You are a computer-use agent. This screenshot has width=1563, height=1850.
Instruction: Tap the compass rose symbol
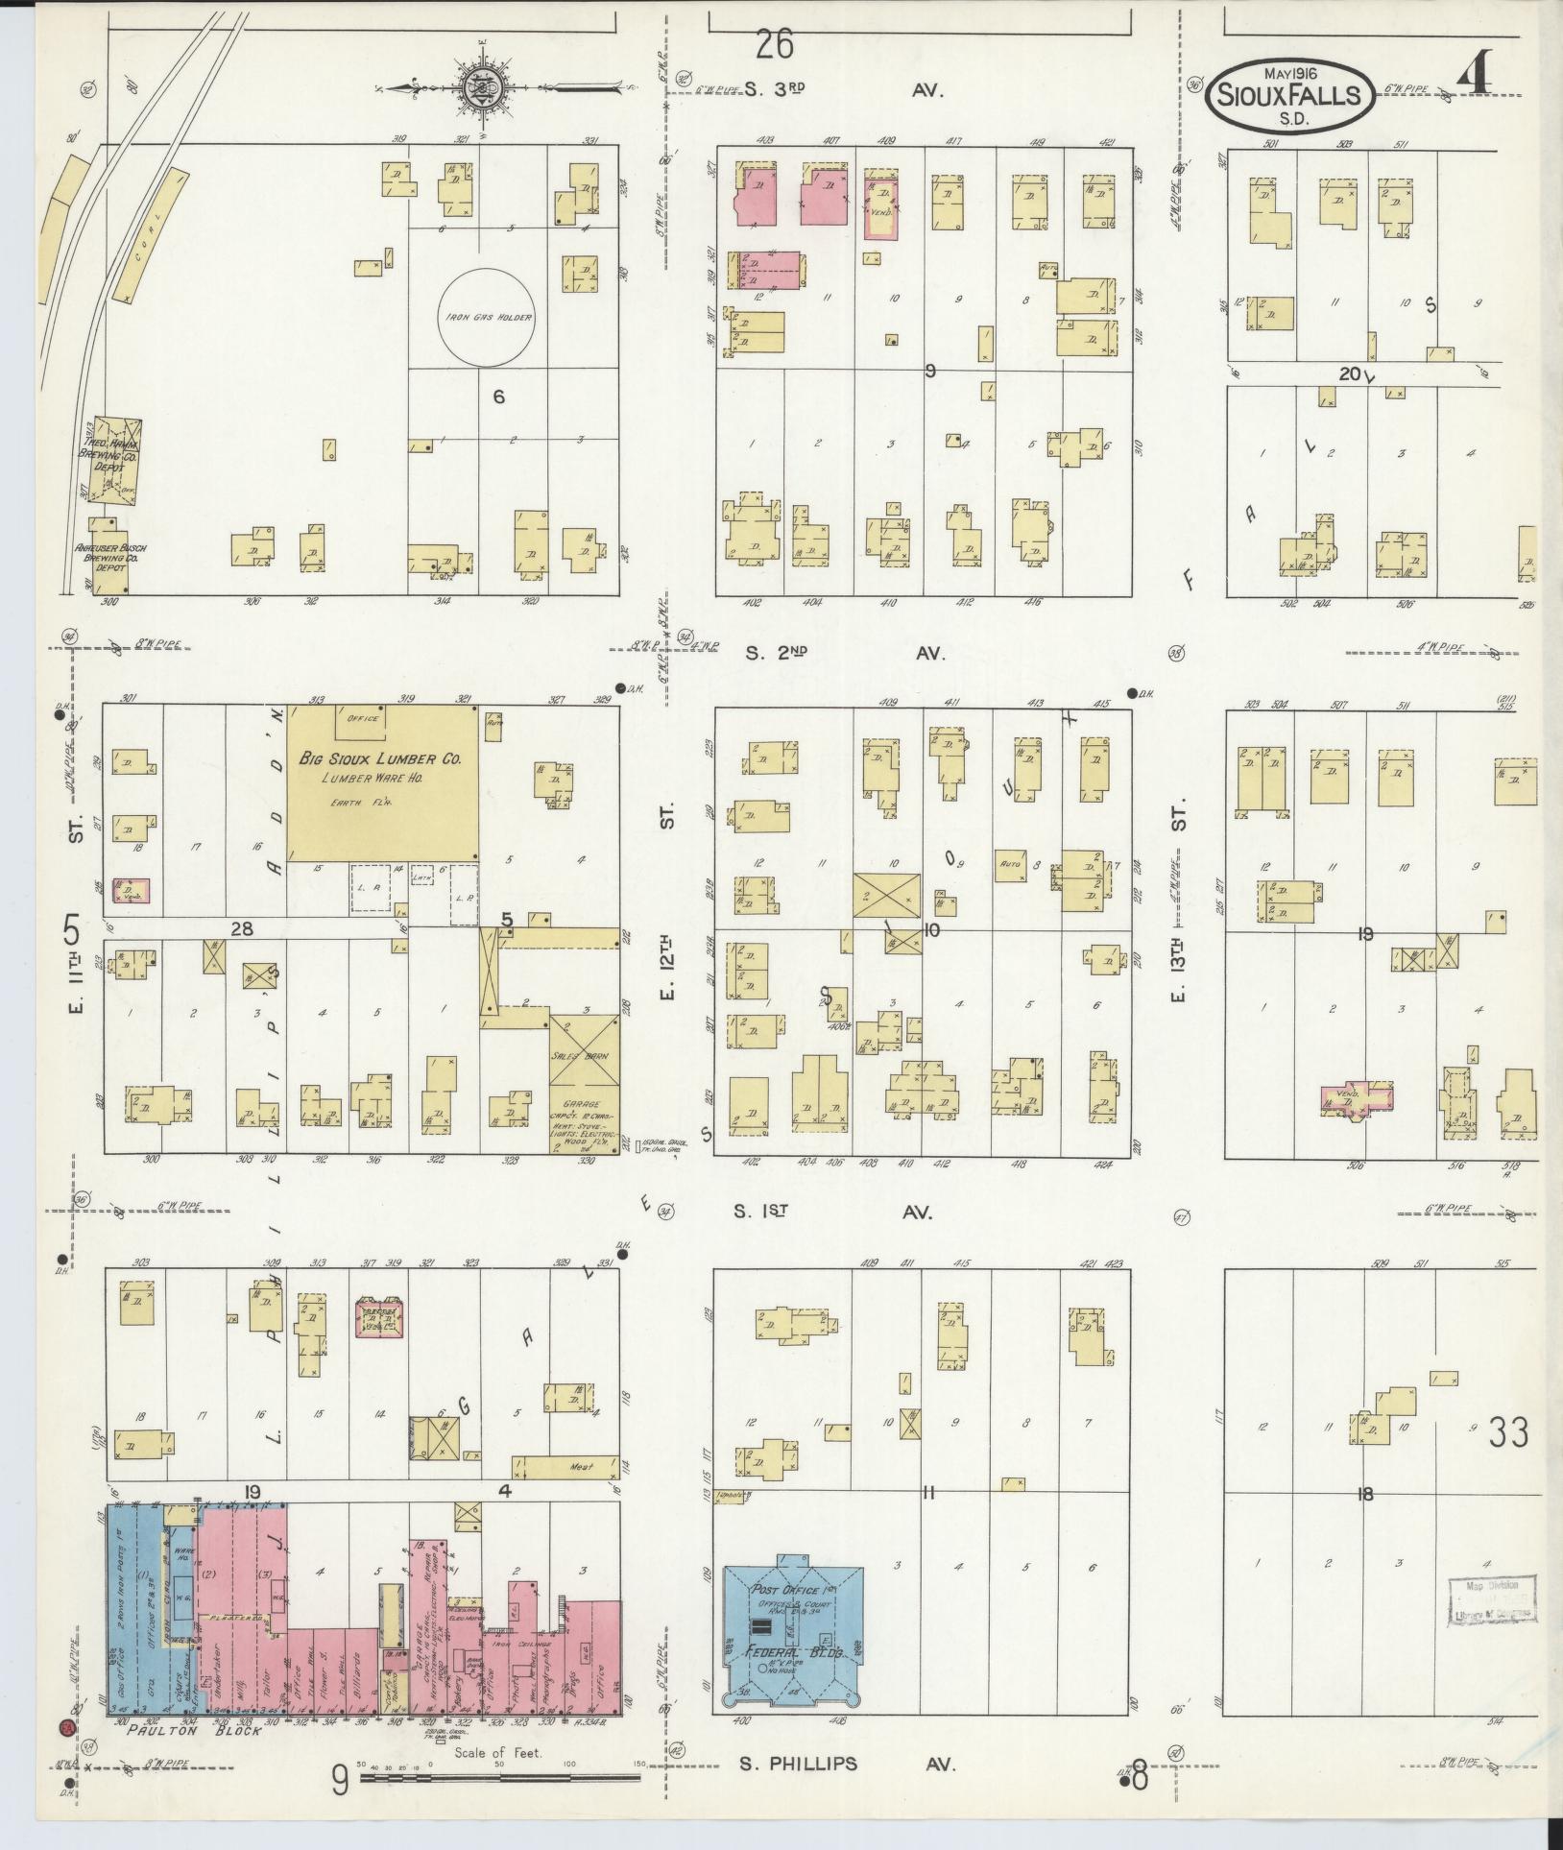(x=477, y=88)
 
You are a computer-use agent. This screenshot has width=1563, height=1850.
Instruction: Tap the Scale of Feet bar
(x=499, y=1778)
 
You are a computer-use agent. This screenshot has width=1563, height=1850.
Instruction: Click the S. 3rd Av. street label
(x=844, y=90)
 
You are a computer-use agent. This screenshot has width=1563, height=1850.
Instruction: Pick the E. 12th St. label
(x=667, y=960)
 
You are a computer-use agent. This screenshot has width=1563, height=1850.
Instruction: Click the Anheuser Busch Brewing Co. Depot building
(x=108, y=556)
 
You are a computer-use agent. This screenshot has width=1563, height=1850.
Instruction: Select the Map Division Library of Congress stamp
(x=1491, y=1599)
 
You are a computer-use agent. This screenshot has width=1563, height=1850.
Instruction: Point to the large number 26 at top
(x=776, y=44)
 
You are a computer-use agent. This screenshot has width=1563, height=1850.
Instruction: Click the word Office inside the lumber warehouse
(x=363, y=718)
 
